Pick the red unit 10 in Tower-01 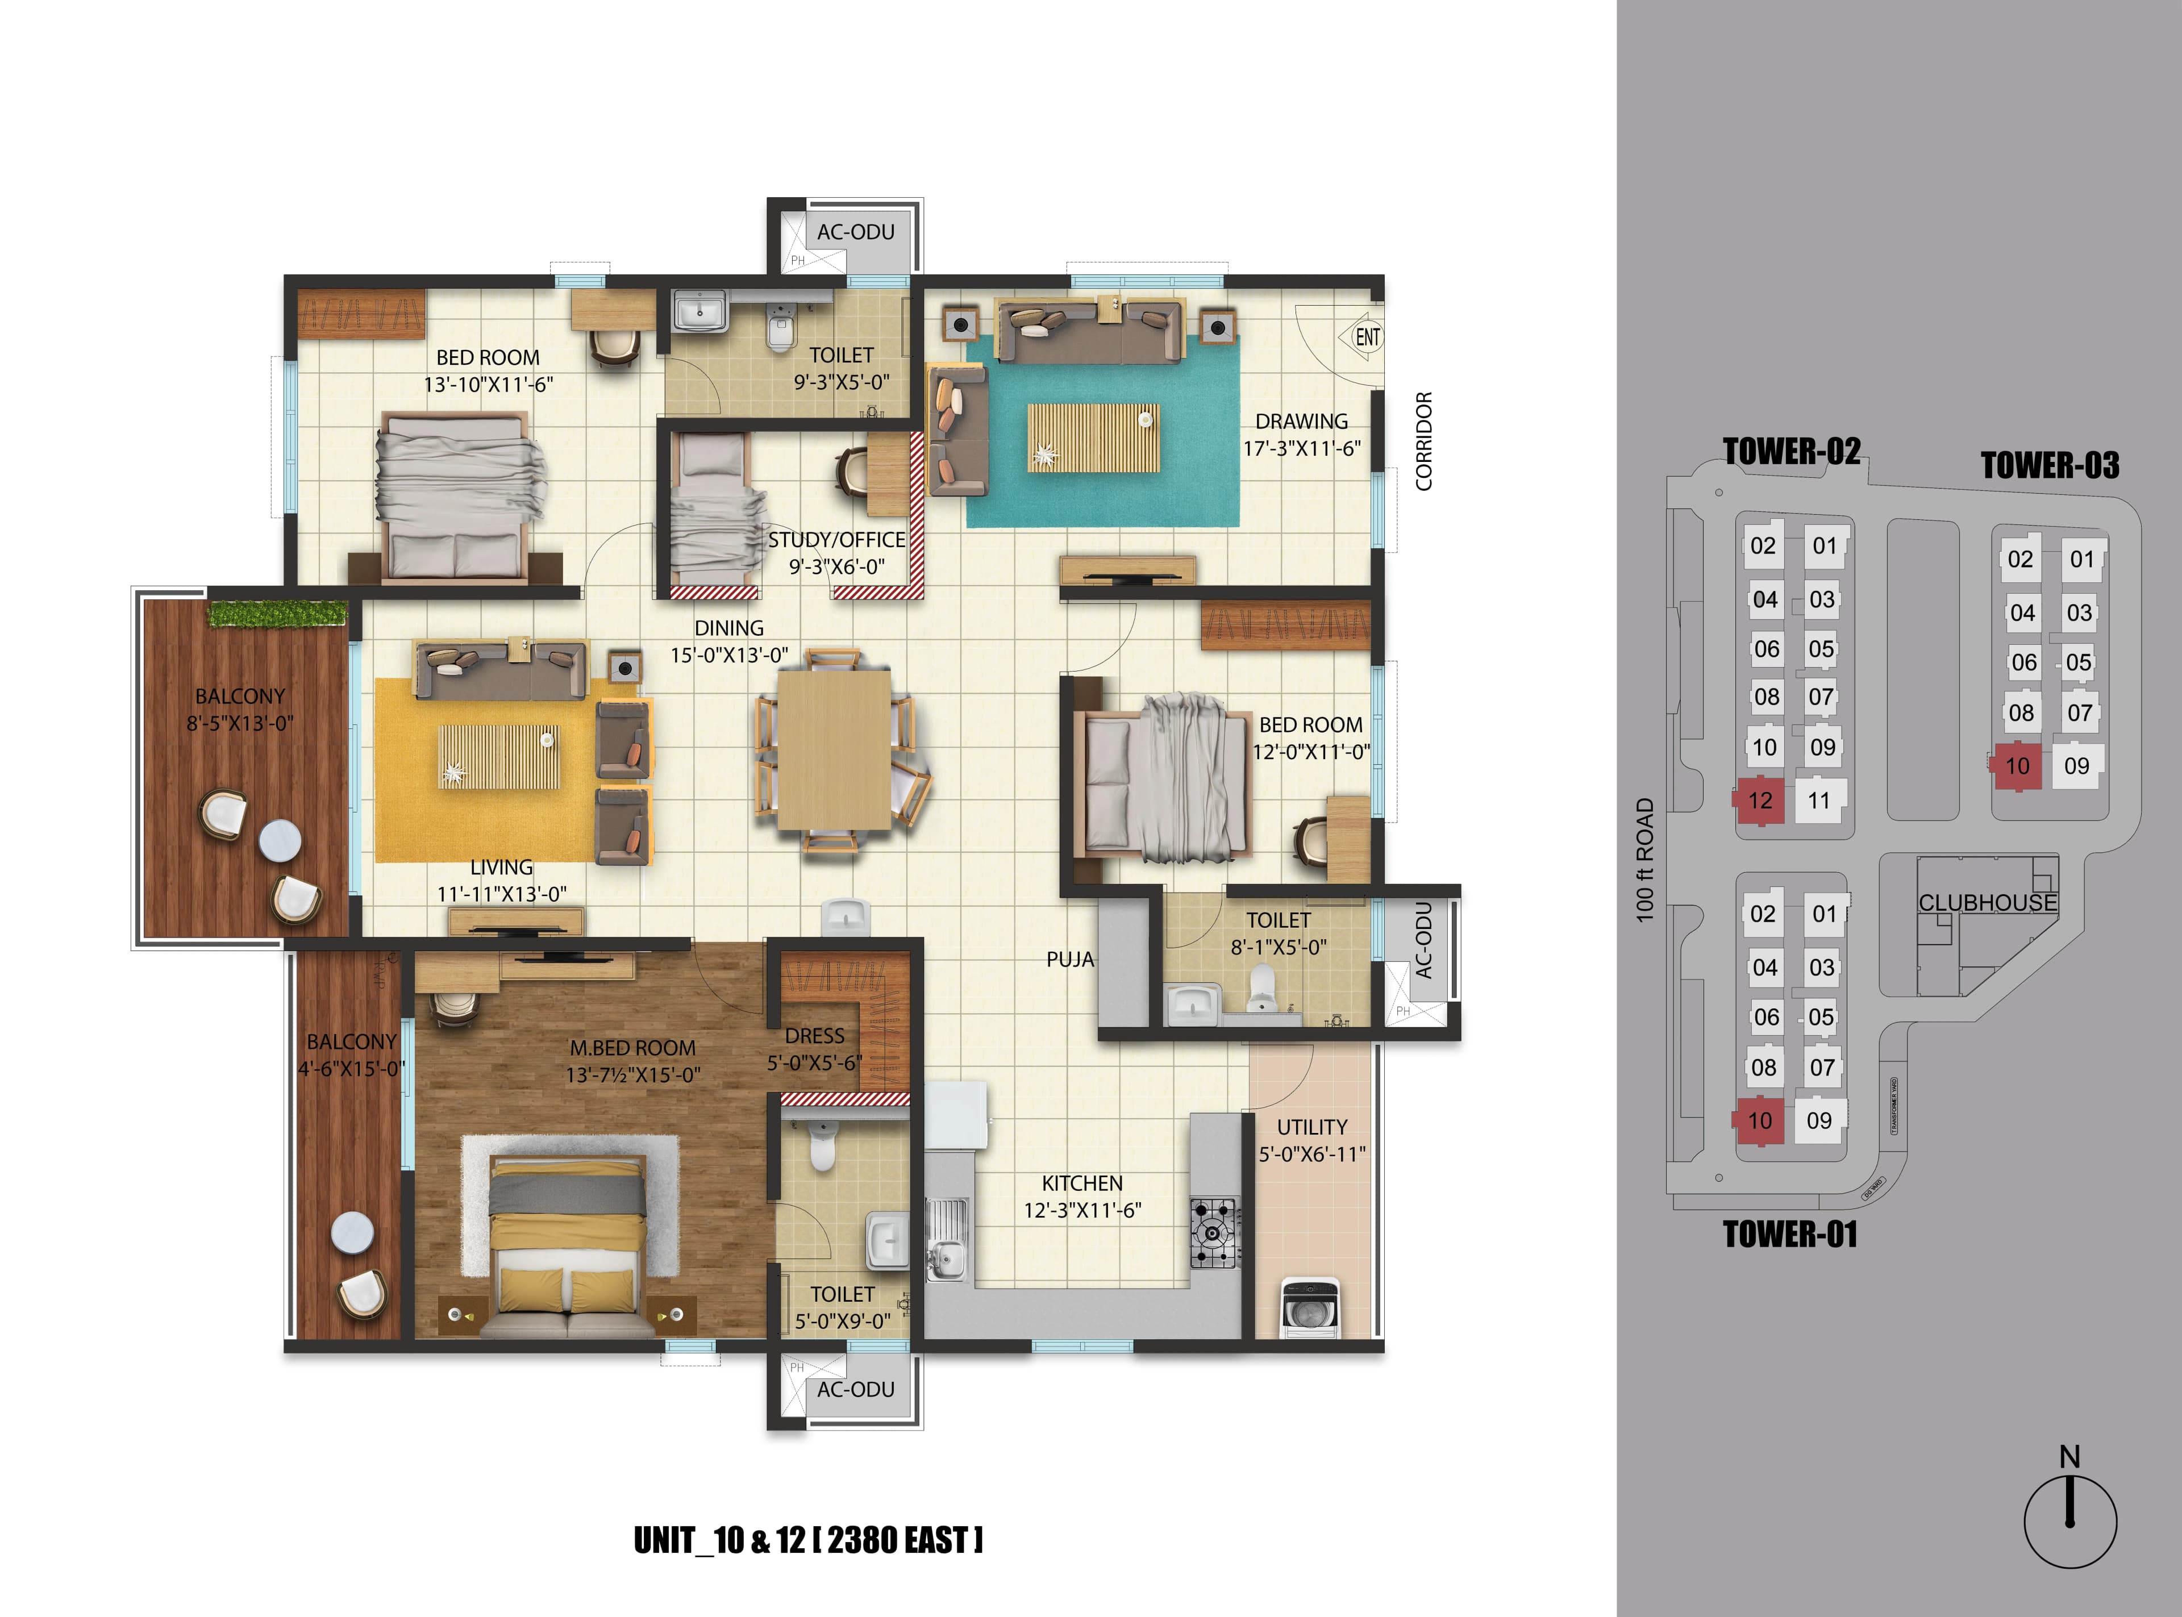[x=1760, y=1121]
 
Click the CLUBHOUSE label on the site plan [x=1987, y=902]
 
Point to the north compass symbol [x=2069, y=1520]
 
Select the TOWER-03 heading [x=2050, y=465]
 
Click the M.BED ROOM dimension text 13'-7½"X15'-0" [x=632, y=1075]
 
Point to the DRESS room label [x=814, y=1036]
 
